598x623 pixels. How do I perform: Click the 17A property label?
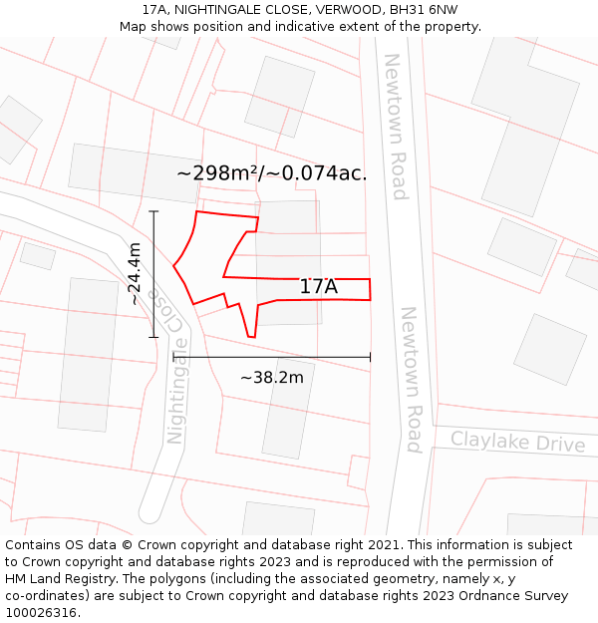pos(319,287)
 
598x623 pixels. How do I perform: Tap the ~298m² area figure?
pos(217,173)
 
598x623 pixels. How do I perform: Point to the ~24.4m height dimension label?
pos(135,274)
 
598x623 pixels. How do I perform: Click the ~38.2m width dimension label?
pos(271,378)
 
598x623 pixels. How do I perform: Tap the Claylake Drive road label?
pos(517,442)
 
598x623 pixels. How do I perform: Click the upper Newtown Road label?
pos(397,127)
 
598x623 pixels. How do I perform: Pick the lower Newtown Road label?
pos(412,379)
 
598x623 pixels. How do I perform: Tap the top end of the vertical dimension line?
pos(153,212)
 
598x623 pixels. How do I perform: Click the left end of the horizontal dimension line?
pos(174,356)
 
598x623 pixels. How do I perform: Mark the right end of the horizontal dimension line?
pos(370,356)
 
